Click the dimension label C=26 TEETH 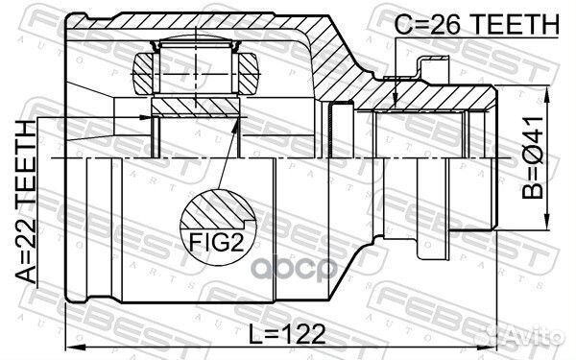476,24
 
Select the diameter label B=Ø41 533,158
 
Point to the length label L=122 288,334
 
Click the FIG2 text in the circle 217,242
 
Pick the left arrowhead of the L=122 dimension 75,347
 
